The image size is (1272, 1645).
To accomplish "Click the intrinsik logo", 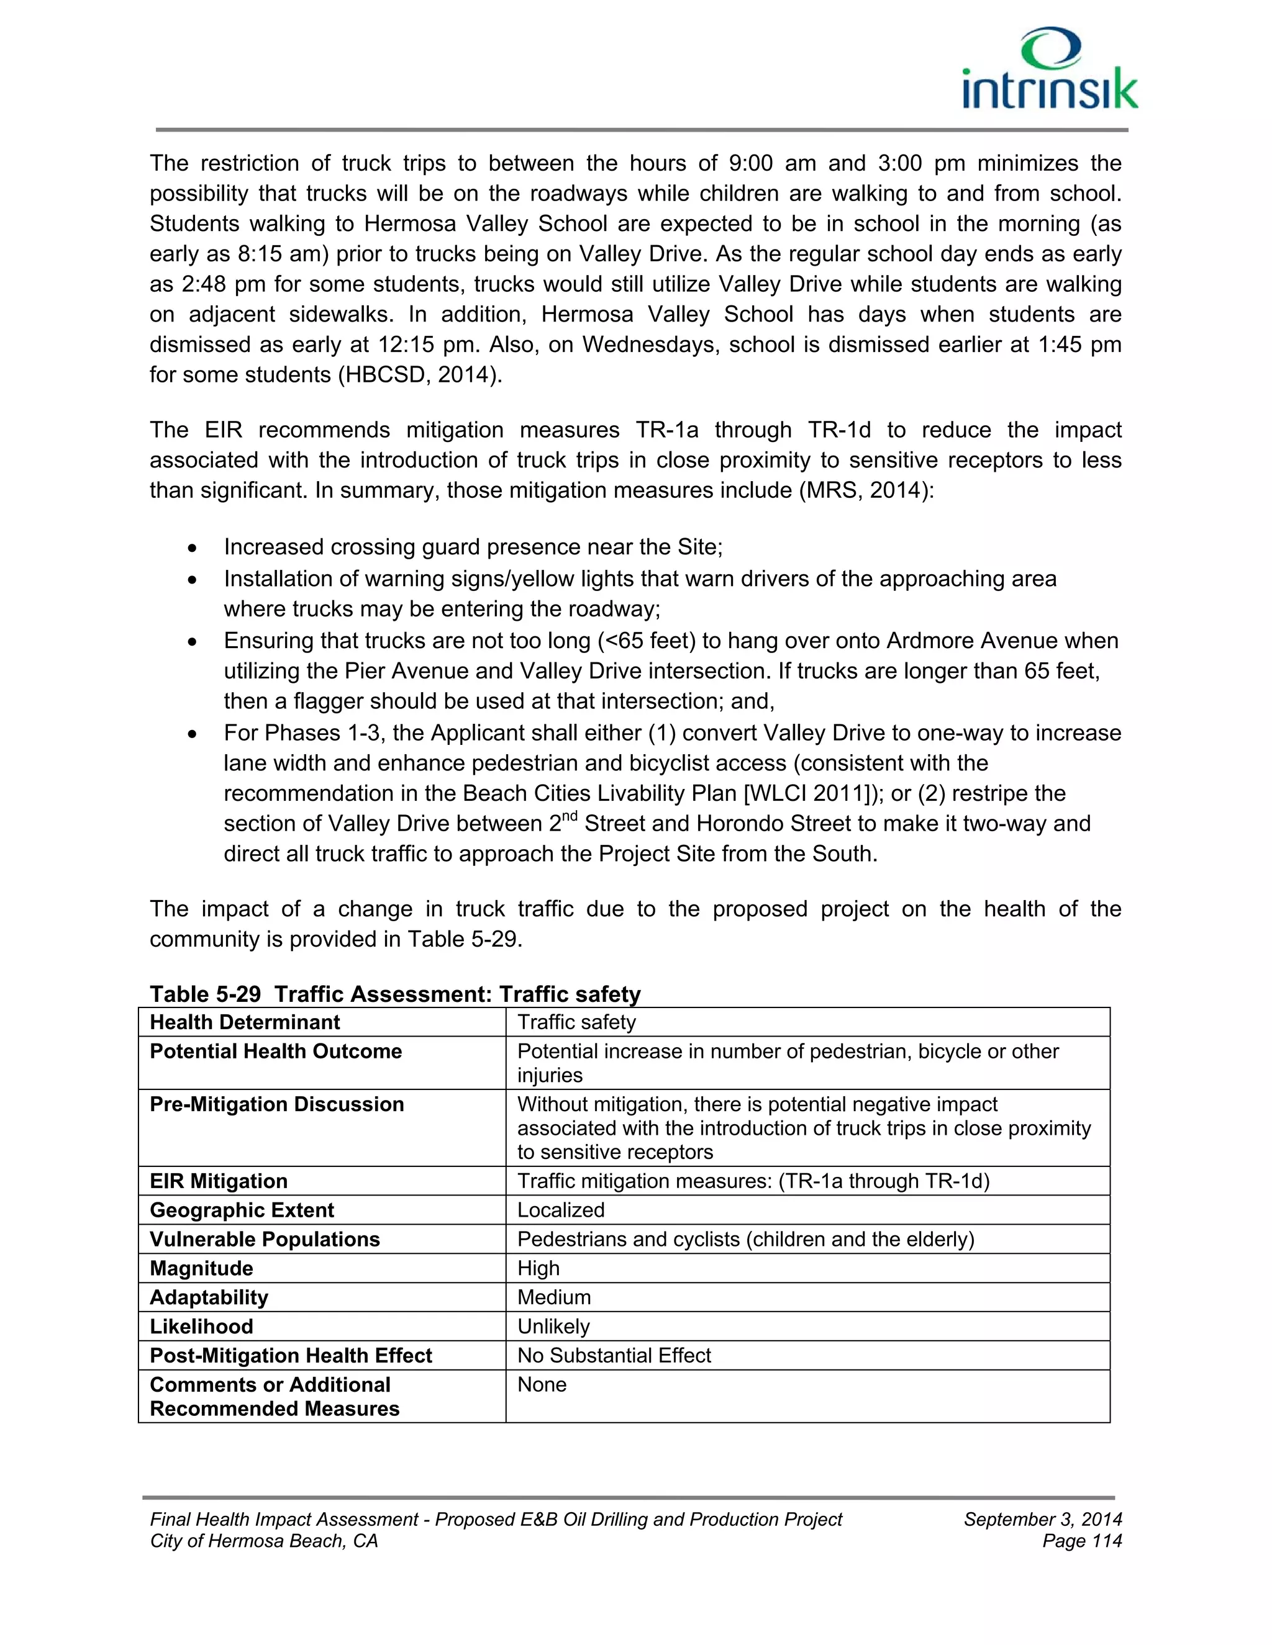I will coord(1050,70).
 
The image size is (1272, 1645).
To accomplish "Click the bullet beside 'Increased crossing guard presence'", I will coord(194,548).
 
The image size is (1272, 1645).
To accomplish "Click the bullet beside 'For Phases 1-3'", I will coord(194,734).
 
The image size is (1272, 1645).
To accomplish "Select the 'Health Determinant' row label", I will coord(245,1022).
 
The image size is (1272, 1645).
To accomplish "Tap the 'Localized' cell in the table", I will coord(561,1210).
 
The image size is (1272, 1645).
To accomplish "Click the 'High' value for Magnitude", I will coord(538,1268).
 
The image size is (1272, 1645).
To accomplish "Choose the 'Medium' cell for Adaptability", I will coord(554,1297).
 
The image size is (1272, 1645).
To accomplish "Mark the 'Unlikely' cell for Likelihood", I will coord(553,1326).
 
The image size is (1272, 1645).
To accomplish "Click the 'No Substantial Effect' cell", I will coord(614,1355).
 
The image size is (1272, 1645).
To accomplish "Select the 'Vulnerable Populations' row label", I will coord(265,1239).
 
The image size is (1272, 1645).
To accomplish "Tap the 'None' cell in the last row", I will coord(541,1384).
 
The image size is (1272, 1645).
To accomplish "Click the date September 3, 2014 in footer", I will coord(1042,1519).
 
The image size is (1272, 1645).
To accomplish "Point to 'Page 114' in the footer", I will coord(1081,1541).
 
